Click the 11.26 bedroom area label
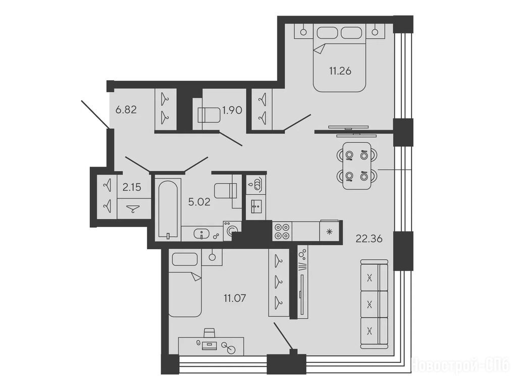[340, 71]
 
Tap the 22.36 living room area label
[369, 238]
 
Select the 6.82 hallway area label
[126, 109]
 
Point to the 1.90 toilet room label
[232, 110]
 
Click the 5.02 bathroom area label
[199, 202]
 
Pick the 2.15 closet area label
[132, 187]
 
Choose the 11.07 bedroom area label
[235, 299]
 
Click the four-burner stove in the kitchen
[282, 231]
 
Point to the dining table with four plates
[356, 166]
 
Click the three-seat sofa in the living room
[374, 304]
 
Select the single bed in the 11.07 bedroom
[185, 283]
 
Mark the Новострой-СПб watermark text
[460, 365]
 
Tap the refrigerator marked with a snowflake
[329, 230]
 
